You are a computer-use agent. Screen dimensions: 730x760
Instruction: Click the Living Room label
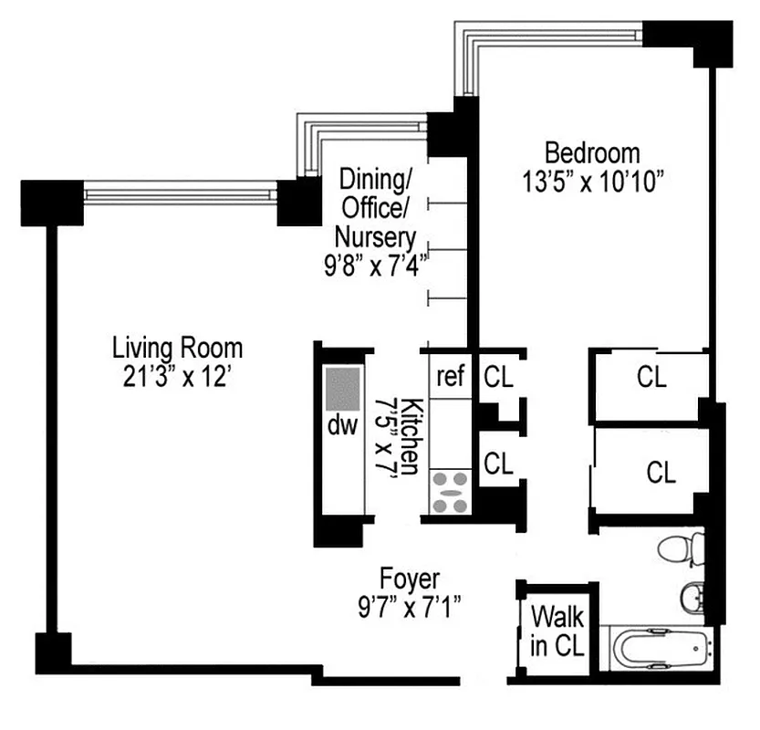[178, 348]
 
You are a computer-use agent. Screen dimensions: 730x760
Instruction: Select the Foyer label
[410, 579]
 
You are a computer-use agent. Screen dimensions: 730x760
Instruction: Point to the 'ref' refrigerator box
[451, 375]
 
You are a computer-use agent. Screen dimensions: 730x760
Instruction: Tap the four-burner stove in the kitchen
[450, 493]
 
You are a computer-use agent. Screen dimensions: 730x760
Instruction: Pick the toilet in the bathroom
[679, 551]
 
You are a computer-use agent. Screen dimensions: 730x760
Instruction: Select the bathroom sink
[691, 599]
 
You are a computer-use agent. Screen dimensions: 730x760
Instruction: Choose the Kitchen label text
[411, 436]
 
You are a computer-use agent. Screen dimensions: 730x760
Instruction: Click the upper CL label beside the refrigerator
[498, 375]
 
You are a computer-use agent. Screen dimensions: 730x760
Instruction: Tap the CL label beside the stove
[498, 464]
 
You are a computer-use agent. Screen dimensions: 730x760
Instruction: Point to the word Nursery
[375, 237]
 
